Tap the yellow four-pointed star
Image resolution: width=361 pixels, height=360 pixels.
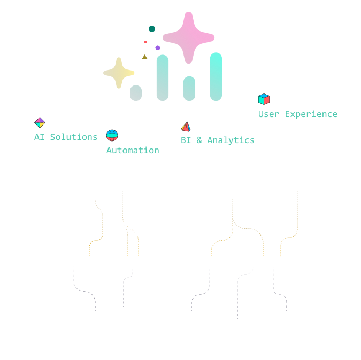(119, 73)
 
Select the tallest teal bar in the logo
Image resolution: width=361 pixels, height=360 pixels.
(216, 76)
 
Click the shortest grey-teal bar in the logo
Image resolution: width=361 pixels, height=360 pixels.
(136, 92)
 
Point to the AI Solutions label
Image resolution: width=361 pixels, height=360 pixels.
(66, 137)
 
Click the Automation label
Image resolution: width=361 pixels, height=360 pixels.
(133, 150)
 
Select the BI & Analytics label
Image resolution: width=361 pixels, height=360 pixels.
(217, 140)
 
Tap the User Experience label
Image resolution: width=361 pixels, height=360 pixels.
(298, 114)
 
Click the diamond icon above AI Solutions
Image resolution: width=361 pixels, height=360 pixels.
(40, 123)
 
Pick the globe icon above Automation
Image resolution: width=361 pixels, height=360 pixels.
(112, 136)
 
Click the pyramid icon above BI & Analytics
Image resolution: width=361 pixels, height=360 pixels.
(186, 127)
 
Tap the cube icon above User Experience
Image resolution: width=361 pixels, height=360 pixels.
(264, 99)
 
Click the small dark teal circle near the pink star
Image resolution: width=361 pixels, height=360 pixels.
(152, 29)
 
